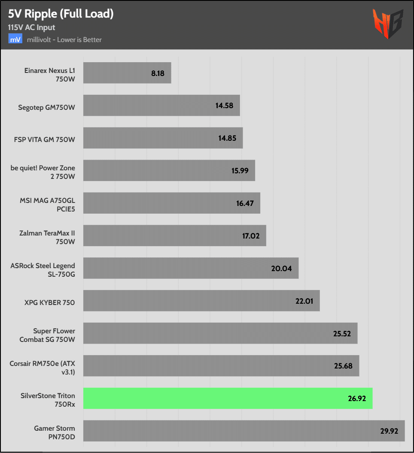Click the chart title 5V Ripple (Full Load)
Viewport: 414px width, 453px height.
(x=61, y=14)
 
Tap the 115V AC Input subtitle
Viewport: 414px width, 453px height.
(x=31, y=27)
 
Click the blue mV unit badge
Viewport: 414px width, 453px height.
(x=15, y=39)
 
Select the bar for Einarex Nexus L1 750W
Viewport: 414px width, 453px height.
(x=127, y=73)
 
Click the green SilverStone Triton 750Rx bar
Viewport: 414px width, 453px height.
(x=228, y=399)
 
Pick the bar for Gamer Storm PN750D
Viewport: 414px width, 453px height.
(x=244, y=431)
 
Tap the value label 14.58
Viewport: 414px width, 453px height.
(x=225, y=106)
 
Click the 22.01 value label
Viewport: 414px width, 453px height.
(x=304, y=301)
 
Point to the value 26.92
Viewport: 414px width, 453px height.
(x=357, y=399)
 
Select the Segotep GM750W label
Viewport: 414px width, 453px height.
(x=46, y=108)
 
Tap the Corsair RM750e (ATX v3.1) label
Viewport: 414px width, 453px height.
(x=42, y=368)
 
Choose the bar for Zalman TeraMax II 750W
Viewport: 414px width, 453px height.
(x=174, y=236)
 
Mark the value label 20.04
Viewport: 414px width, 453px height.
(x=281, y=269)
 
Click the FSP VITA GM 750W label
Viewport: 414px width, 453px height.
(x=44, y=140)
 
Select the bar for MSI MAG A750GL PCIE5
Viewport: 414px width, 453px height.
(x=171, y=203)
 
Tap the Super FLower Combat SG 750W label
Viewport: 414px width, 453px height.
(x=47, y=335)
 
